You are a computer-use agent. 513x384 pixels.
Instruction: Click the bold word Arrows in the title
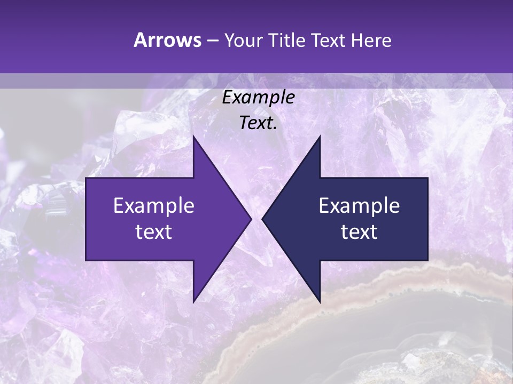tap(167, 40)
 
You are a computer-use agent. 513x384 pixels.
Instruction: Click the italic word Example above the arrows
tap(259, 98)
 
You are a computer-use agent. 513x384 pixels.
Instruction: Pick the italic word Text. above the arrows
tap(259, 123)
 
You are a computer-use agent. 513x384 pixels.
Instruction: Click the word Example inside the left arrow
tap(154, 205)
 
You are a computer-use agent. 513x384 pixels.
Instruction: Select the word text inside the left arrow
tap(154, 232)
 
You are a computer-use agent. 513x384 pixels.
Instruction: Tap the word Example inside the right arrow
tap(359, 205)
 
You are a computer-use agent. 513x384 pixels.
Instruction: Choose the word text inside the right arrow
tap(359, 232)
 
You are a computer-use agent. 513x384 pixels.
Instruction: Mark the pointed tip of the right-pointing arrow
tap(251, 219)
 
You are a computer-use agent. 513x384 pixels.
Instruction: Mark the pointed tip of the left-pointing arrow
tap(262, 219)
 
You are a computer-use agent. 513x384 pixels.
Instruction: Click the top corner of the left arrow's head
tap(193, 136)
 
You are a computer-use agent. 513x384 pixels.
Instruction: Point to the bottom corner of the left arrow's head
tap(193, 302)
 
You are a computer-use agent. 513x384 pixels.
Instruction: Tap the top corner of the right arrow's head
tap(320, 136)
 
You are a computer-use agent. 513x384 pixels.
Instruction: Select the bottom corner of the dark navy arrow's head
tap(320, 302)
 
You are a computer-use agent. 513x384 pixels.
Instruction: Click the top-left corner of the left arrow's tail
tap(86, 178)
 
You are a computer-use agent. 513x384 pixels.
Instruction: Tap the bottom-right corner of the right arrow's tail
tap(428, 260)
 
